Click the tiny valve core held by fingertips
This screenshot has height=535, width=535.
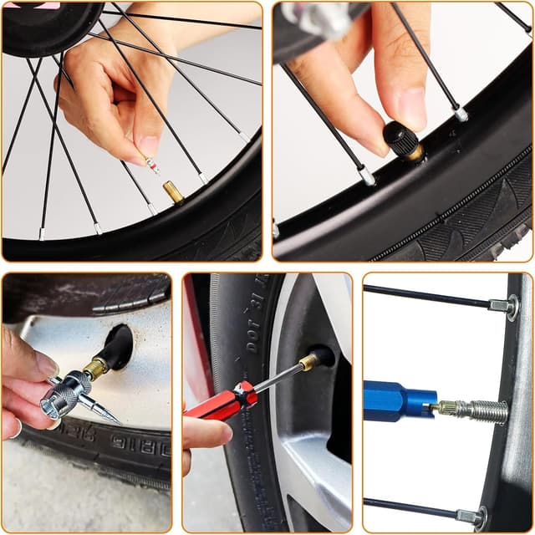point(153,166)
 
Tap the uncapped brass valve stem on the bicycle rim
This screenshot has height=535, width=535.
point(174,192)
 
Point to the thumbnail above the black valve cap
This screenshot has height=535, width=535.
point(411,107)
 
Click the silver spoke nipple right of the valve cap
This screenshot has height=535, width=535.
point(461,113)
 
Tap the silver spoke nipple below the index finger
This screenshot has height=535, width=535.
point(366,176)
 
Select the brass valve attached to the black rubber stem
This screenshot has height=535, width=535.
point(94,368)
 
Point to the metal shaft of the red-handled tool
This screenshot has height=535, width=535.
point(277,378)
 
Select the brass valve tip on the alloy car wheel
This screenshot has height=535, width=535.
point(308,362)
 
